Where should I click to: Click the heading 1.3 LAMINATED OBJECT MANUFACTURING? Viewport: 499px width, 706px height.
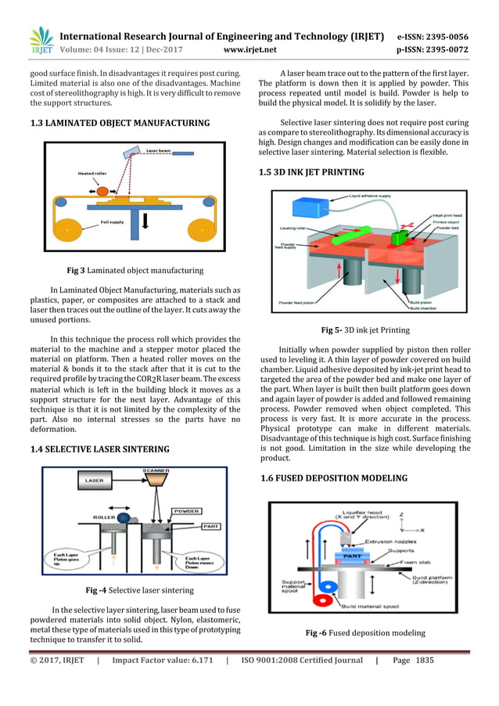coord(120,123)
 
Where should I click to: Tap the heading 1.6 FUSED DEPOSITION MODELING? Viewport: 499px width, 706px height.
coord(333,477)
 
